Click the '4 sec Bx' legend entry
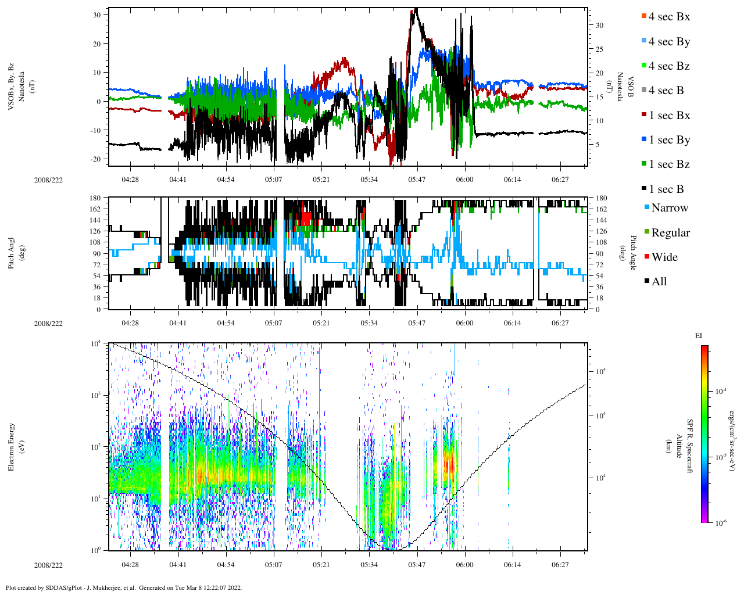tap(668, 17)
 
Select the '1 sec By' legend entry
tap(668, 140)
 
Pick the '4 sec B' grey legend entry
tap(666, 91)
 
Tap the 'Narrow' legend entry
tap(669, 208)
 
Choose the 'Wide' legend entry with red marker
tap(664, 257)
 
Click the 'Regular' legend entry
tap(670, 233)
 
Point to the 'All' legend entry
tap(659, 282)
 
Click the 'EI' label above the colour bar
tap(699, 336)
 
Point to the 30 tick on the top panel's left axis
tap(97, 15)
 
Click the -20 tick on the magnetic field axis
tap(95, 159)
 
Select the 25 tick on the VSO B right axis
tap(599, 49)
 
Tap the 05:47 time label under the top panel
tap(417, 180)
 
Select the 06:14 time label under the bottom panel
tap(512, 565)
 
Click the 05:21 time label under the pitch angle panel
tap(321, 323)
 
